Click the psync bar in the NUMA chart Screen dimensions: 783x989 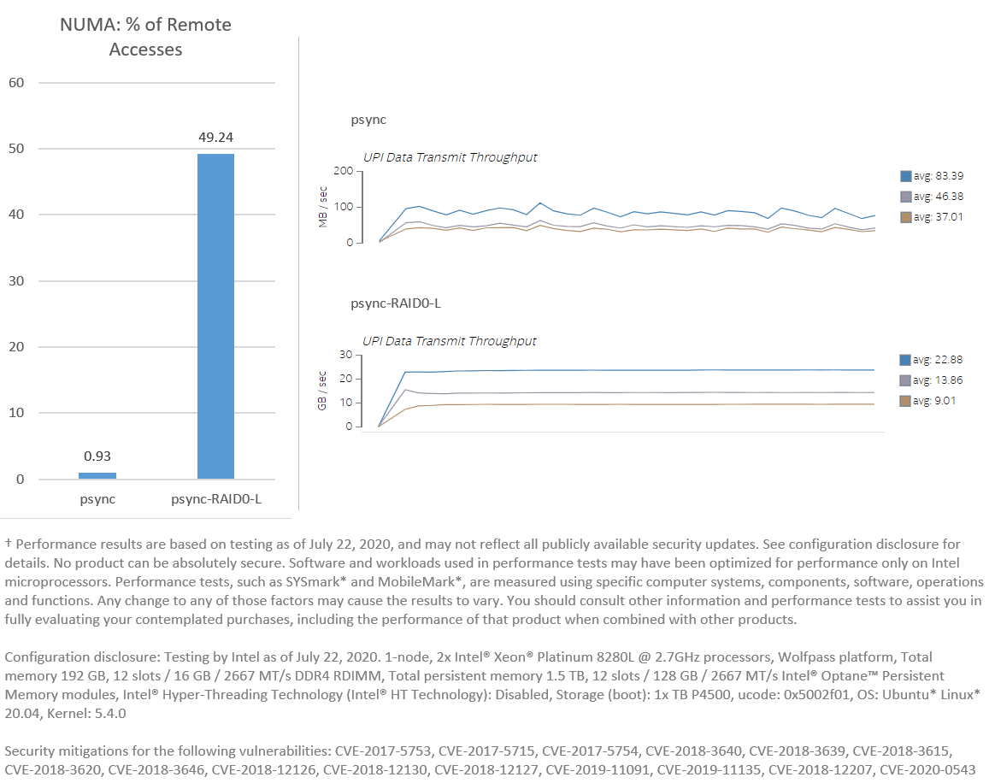(x=97, y=475)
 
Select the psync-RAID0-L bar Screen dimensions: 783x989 (x=215, y=316)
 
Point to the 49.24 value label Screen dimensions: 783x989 (x=215, y=137)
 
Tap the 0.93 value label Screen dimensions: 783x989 (x=97, y=456)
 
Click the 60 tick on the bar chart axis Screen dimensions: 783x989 (x=16, y=83)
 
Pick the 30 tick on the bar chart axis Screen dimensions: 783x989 (x=16, y=281)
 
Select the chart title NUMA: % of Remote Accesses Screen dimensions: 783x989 (x=146, y=37)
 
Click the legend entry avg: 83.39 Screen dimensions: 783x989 (x=931, y=176)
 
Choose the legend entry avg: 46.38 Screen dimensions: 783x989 (x=931, y=197)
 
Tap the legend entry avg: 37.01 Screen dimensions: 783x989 (x=931, y=217)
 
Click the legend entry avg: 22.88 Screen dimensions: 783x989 (x=931, y=359)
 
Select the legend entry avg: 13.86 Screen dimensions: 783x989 (x=931, y=380)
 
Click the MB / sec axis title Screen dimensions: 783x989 (x=323, y=207)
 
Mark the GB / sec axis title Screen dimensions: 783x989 (x=323, y=391)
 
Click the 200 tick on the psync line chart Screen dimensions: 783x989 (x=344, y=172)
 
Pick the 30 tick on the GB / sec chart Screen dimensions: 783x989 (x=346, y=355)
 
